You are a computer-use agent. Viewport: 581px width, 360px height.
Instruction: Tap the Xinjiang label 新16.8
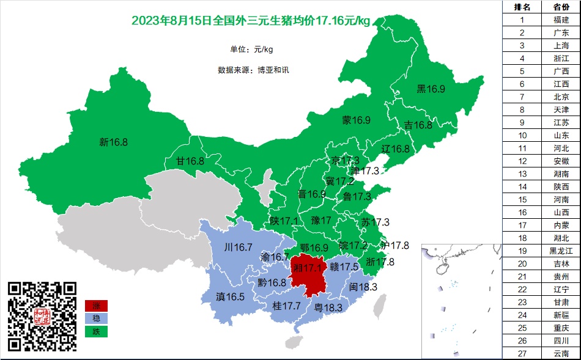(x=113, y=142)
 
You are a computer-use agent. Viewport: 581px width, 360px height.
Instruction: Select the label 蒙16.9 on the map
(x=356, y=120)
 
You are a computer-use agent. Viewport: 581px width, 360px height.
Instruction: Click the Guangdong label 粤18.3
(x=328, y=307)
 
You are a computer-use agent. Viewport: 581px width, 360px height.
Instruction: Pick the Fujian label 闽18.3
(x=363, y=287)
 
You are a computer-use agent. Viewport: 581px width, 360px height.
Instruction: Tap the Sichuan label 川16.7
(x=239, y=248)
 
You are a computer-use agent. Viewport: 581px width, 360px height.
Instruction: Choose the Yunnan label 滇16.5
(x=230, y=296)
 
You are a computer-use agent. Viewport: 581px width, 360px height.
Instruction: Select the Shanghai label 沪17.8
(x=394, y=245)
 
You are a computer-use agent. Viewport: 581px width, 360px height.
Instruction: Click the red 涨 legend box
(x=96, y=305)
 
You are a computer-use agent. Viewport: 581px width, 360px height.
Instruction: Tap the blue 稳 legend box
(x=96, y=318)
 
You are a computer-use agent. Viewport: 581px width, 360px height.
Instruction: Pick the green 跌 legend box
(x=96, y=331)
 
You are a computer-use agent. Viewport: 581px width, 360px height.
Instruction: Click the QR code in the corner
(x=42, y=317)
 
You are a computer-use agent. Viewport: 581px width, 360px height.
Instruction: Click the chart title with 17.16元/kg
(x=251, y=21)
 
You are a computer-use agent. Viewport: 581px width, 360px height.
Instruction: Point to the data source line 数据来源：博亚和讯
(x=253, y=70)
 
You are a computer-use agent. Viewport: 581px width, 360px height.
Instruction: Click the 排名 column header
(x=522, y=7)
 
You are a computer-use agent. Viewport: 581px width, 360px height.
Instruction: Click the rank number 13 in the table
(x=522, y=174)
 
